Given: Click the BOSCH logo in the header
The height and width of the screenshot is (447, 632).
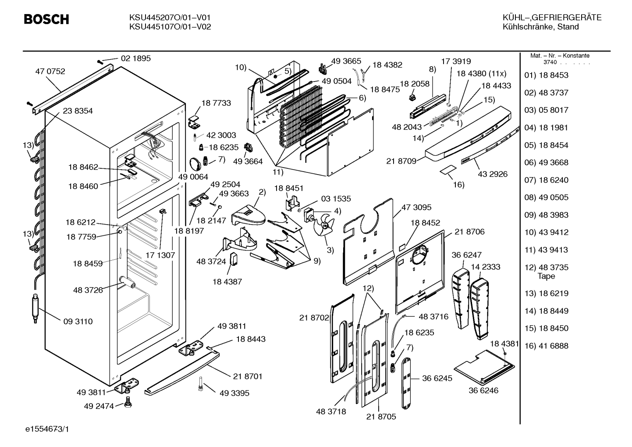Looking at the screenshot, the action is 46,19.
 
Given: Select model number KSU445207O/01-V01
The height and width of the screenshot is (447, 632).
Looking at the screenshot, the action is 170,18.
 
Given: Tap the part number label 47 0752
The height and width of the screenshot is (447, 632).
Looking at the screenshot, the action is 50,71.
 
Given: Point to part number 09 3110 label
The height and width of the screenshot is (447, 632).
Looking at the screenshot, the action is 78,322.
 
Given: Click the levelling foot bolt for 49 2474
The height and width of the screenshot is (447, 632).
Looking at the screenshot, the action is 128,401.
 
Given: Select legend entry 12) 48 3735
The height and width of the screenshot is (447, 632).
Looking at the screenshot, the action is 546,267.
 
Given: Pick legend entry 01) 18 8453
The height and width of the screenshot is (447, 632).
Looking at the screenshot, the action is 546,75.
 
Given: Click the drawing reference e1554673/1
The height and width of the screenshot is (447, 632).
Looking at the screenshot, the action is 47,429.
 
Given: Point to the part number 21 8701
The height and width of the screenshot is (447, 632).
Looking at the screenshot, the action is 248,376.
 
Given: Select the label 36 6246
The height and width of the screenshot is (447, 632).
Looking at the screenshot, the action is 483,390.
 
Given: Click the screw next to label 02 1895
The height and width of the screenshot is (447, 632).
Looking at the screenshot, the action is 100,61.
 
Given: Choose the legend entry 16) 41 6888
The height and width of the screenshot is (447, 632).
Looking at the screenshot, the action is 546,346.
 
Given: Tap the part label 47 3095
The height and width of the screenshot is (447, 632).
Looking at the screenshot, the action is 416,207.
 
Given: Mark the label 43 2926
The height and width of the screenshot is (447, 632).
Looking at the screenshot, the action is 493,174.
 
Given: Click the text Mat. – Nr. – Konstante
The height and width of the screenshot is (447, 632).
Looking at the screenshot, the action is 560,56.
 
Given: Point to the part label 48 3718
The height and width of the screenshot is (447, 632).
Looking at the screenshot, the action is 331,411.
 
